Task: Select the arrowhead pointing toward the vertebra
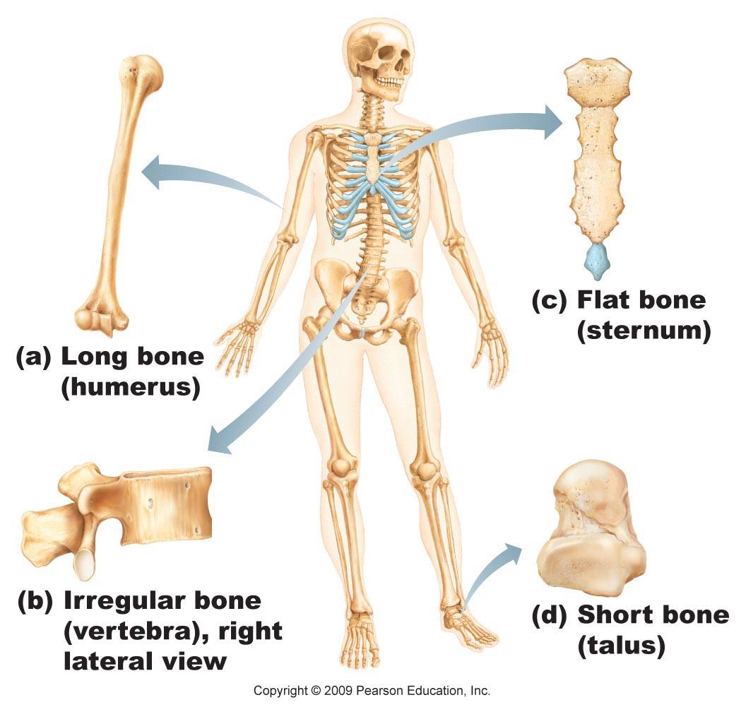click(220, 440)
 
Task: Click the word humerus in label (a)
click(131, 387)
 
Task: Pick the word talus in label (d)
click(622, 646)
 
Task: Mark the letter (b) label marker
click(35, 601)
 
